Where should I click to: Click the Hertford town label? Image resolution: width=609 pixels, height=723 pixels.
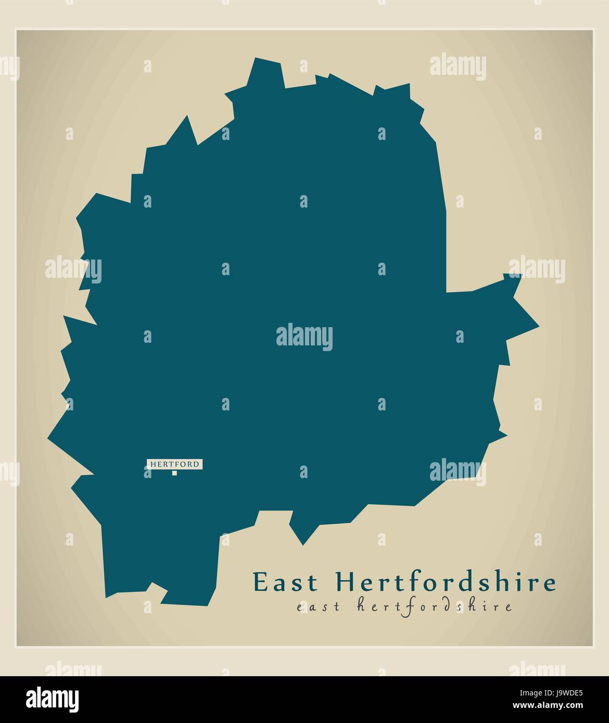click(x=174, y=464)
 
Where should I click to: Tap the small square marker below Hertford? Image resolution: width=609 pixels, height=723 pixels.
click(x=174, y=473)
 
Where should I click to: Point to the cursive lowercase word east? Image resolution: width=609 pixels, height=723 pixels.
click(x=317, y=606)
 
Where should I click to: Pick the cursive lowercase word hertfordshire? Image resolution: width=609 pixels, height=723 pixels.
click(x=435, y=606)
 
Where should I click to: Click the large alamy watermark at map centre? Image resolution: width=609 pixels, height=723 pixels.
click(x=304, y=337)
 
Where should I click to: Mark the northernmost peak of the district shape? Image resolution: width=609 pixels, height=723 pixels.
click(x=256, y=58)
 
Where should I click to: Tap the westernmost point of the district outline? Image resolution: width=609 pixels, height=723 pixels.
click(x=48, y=438)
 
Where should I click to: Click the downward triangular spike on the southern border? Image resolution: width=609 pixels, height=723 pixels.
click(x=302, y=544)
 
